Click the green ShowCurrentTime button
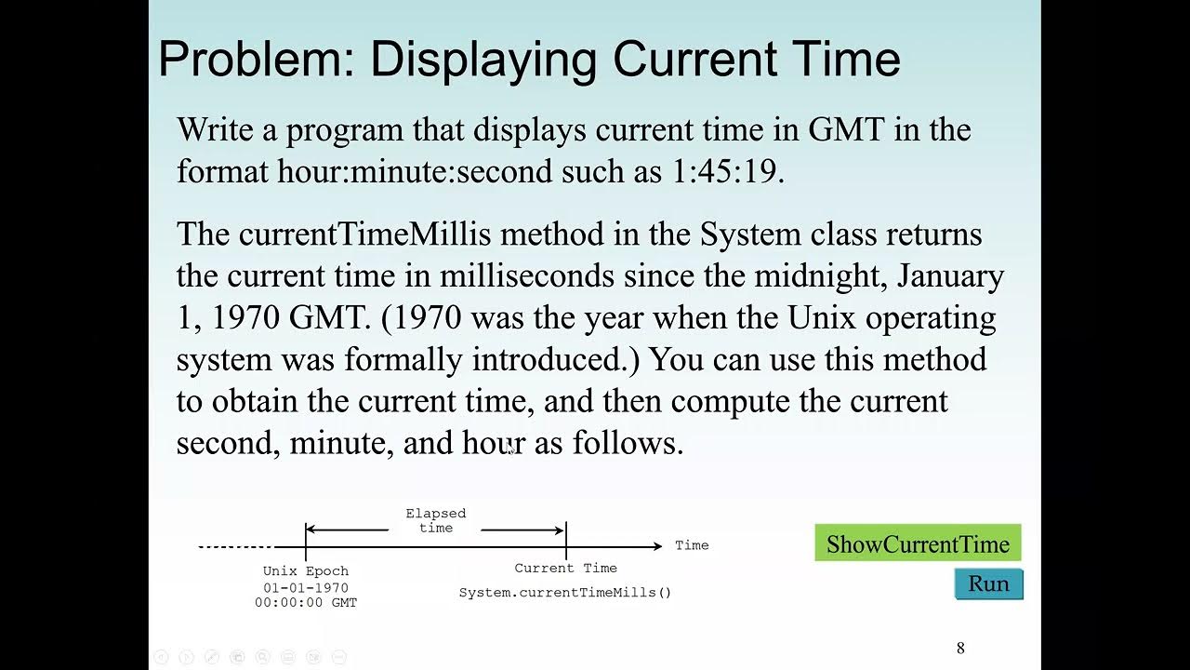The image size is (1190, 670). pos(918,544)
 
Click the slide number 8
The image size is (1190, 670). pos(960,648)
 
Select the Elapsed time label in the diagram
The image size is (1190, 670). pos(435,520)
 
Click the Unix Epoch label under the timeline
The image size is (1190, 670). pos(306,571)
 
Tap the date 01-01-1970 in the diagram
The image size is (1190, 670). pos(306,588)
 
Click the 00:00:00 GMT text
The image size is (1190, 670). pos(306,603)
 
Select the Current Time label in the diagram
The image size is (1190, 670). pos(565,568)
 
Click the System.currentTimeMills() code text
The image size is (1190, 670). pos(564,593)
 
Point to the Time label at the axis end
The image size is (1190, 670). pos(692,545)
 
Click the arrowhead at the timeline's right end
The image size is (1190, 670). pos(658,546)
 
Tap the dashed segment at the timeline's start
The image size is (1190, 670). pos(235,547)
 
